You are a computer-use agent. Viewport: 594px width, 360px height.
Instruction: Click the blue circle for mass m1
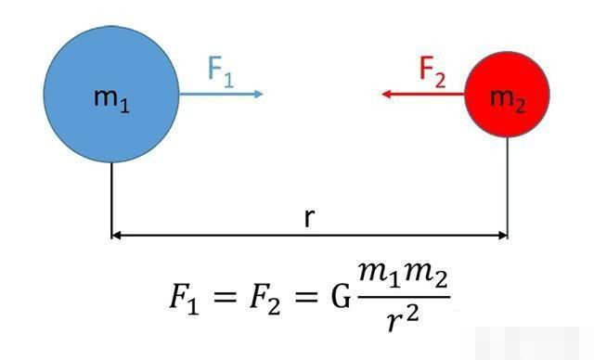tap(111, 95)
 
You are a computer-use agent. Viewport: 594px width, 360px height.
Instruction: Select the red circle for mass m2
tap(508, 95)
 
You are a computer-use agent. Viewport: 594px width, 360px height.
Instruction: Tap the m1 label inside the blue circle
tap(111, 100)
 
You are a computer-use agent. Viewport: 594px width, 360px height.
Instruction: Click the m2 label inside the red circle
tap(508, 101)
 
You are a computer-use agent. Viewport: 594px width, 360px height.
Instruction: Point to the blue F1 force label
tap(221, 72)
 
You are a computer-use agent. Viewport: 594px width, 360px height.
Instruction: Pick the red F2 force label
tap(433, 72)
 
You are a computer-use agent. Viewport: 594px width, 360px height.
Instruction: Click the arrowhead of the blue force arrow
tap(259, 94)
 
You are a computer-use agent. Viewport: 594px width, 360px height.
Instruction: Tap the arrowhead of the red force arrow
tap(386, 94)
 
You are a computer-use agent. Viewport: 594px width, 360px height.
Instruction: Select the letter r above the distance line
tap(309, 218)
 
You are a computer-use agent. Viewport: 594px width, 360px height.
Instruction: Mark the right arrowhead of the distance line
tap(503, 236)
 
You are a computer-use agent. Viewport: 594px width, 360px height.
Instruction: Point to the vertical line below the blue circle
tap(111, 200)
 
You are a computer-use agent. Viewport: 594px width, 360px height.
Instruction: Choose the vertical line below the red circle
tap(508, 187)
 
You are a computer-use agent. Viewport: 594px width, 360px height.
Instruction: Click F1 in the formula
tap(184, 299)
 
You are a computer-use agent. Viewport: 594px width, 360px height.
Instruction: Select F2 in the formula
tap(265, 299)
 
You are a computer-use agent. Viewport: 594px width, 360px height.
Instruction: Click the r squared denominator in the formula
tap(403, 319)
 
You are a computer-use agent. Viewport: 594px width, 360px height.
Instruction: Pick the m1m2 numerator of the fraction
tap(404, 276)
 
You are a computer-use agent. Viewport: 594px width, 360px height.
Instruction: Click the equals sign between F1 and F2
tap(224, 297)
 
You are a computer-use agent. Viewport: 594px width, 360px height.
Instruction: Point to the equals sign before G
tap(305, 297)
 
